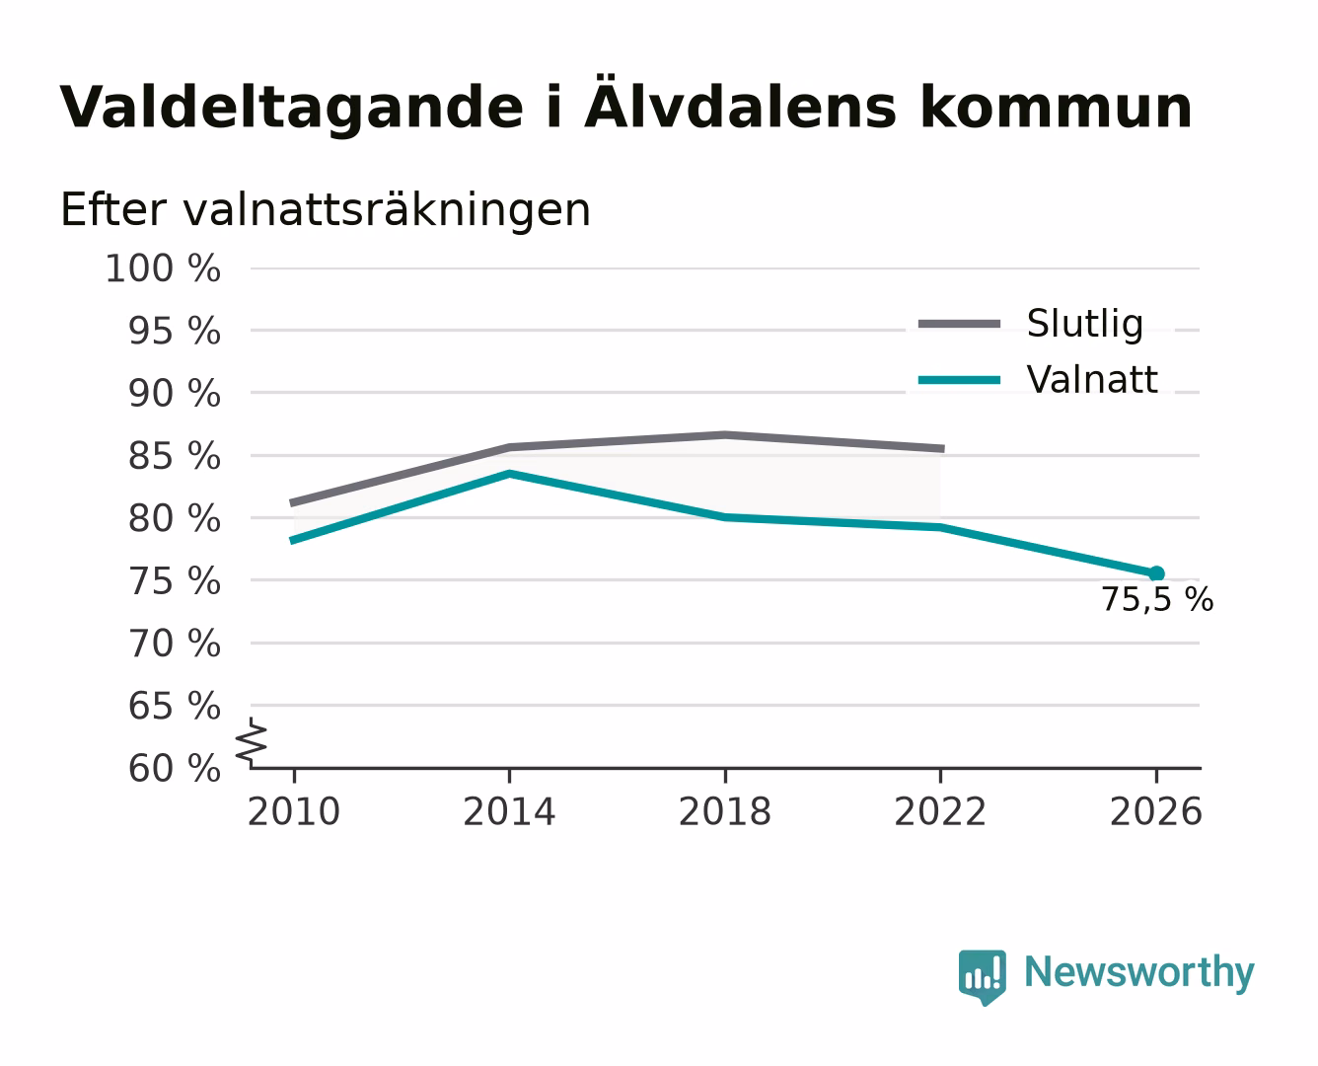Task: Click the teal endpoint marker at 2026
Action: pos(1156,573)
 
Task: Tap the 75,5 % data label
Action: pos(1157,600)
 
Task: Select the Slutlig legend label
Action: pos(1085,323)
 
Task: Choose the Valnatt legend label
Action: pos(1092,379)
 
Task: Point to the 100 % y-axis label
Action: pos(163,268)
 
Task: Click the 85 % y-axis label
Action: pos(174,456)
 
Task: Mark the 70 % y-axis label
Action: pos(174,644)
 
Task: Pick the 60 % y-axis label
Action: pos(174,768)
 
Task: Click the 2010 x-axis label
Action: pos(294,811)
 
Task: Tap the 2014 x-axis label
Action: pos(509,811)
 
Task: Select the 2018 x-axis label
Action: pos(725,811)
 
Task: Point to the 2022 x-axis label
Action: pos(940,811)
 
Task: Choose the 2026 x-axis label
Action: pos(1156,811)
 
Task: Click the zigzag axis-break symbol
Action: pos(252,741)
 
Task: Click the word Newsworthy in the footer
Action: pos(1139,972)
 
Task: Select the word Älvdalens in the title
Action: pos(740,106)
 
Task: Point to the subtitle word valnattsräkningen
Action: pos(387,210)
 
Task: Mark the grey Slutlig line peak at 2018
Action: pos(725,435)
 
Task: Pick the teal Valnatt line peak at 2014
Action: pos(509,474)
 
